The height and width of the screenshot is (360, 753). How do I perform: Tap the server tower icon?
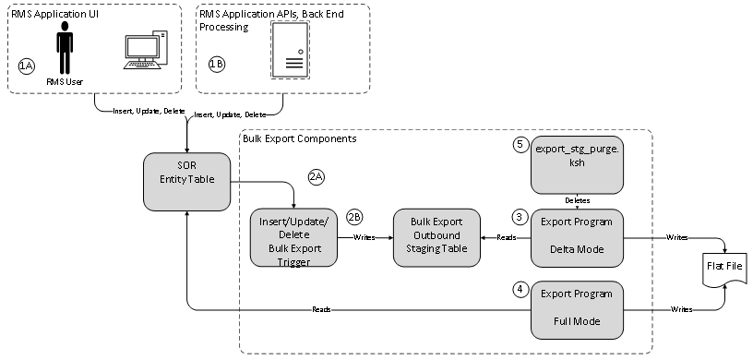pos(292,50)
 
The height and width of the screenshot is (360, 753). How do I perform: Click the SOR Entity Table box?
pos(186,181)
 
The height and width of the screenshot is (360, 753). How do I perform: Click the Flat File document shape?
pos(722,272)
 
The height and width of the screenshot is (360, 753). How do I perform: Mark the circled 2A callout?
pos(317,174)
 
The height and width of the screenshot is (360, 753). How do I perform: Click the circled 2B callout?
pos(355,217)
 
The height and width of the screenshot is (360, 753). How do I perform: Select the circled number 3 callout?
pos(520,217)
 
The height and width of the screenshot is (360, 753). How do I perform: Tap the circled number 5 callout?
pos(520,145)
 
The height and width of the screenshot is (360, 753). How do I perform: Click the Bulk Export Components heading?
pos(299,138)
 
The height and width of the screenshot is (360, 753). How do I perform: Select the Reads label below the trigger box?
pos(322,309)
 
